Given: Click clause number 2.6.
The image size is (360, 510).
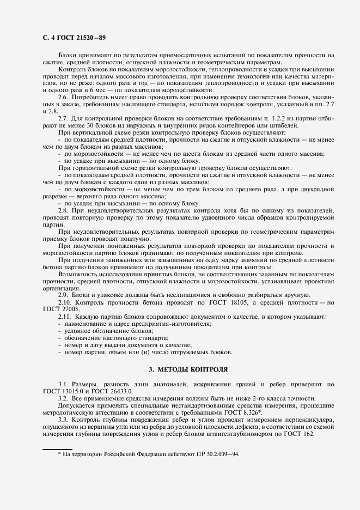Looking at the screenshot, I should pyautogui.click(x=64, y=96).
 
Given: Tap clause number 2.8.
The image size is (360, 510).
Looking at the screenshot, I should pyautogui.click(x=64, y=210).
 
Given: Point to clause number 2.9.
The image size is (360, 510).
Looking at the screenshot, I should pyautogui.click(x=64, y=295).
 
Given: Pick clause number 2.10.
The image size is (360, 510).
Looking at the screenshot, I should pyautogui.click(x=65, y=302).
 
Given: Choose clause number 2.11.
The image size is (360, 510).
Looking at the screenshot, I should pyautogui.click(x=65, y=316).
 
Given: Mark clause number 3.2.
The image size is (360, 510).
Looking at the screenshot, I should pyautogui.click(x=64, y=399).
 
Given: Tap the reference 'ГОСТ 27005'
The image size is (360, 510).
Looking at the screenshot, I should pyautogui.click(x=57, y=309).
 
